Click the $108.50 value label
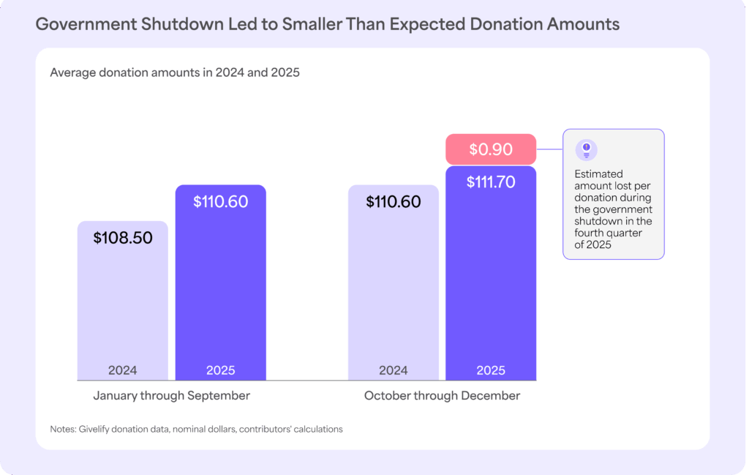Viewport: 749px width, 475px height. click(x=123, y=238)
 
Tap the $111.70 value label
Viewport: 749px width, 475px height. click(x=491, y=182)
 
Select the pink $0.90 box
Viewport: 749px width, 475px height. click(x=491, y=149)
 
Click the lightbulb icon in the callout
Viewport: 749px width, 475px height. click(x=586, y=150)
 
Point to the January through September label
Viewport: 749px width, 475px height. click(x=171, y=396)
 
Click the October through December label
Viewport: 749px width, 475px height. click(x=442, y=396)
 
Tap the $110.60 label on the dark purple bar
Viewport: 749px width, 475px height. click(x=220, y=201)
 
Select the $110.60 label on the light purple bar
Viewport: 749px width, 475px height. click(x=394, y=201)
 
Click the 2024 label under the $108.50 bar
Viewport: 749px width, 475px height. click(x=122, y=370)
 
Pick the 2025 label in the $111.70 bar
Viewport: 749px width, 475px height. click(x=491, y=370)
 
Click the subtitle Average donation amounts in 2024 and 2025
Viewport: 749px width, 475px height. click(x=175, y=73)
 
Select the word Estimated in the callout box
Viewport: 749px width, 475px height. click(x=598, y=174)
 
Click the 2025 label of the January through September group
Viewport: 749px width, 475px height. click(x=220, y=370)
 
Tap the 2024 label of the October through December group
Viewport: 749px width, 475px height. click(x=394, y=370)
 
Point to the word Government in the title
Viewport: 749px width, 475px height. click(x=80, y=24)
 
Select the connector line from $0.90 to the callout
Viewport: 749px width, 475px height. click(x=549, y=149)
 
